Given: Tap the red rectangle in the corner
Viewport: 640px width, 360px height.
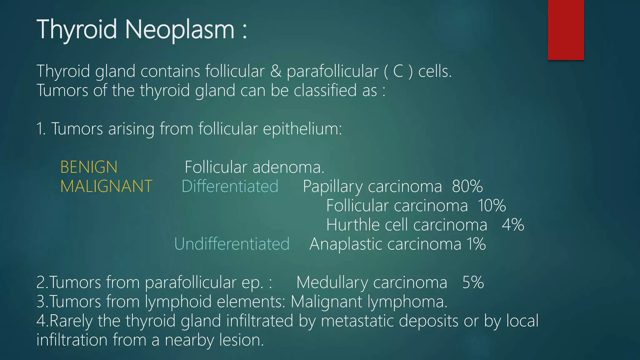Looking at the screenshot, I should (566, 30).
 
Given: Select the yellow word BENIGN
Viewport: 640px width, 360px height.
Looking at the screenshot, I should (89, 167).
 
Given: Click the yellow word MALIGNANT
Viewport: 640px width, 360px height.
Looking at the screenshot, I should (106, 187).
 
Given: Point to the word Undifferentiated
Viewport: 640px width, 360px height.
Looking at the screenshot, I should (232, 244).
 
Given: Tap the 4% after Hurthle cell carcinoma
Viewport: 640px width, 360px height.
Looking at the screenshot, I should (513, 225).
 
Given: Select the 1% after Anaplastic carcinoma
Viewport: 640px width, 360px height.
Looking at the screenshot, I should (476, 244).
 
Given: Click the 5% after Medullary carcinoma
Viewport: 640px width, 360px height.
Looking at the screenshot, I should (473, 282).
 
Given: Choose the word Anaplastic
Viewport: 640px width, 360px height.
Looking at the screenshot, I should (346, 244).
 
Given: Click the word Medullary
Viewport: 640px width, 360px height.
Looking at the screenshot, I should (332, 283).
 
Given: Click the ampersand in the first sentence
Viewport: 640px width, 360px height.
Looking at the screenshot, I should (276, 71).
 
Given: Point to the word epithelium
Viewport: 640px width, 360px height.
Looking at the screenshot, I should (302, 129).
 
